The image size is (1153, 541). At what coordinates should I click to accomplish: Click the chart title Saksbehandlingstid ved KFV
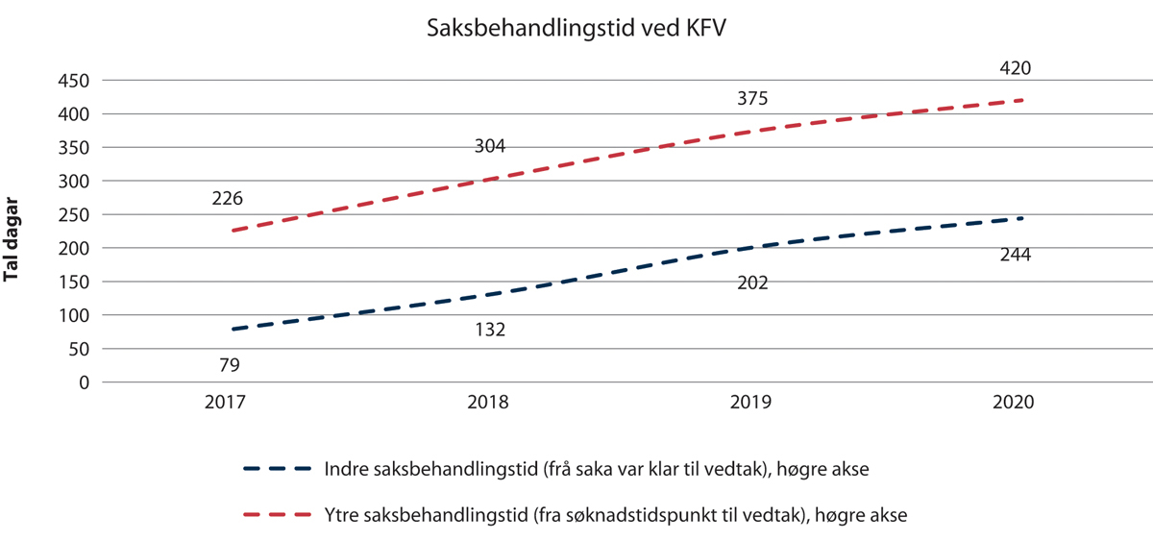point(576,30)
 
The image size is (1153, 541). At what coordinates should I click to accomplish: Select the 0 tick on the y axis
point(85,382)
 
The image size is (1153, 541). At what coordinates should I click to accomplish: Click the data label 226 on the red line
point(228,200)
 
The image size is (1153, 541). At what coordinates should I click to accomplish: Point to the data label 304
point(490,147)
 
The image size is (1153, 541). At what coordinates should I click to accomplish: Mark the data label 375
point(752,98)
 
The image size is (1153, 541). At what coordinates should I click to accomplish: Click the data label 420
point(1015,68)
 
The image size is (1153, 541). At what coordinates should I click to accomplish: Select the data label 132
point(490,330)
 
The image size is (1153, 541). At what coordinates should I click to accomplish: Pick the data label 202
point(752,283)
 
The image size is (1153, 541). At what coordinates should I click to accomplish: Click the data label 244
point(1015,256)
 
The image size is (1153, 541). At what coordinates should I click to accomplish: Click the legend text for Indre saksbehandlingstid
point(597,469)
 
